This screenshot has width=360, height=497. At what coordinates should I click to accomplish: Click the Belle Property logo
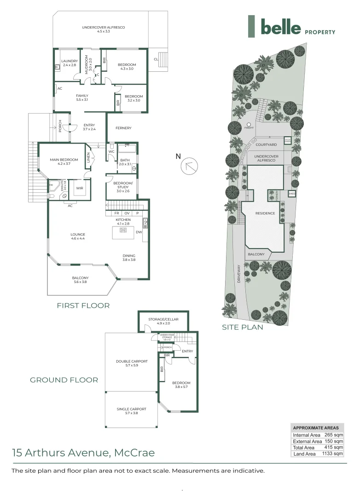pyautogui.click(x=291, y=26)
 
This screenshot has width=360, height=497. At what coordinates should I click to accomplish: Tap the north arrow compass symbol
pyautogui.click(x=190, y=165)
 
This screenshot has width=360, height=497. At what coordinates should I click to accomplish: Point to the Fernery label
pyautogui.click(x=123, y=128)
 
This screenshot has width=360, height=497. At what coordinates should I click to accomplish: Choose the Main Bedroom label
pyautogui.click(x=64, y=162)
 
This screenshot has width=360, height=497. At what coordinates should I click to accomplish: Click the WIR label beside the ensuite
pyautogui.click(x=79, y=188)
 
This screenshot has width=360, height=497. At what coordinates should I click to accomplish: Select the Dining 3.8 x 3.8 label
pyautogui.click(x=129, y=258)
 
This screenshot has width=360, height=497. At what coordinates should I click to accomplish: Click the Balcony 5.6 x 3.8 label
pyautogui.click(x=80, y=279)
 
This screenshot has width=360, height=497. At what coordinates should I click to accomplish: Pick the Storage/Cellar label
pyautogui.click(x=163, y=321)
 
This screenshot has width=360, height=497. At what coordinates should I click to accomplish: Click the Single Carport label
pyautogui.click(x=131, y=410)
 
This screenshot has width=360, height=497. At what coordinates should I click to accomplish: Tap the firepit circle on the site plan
pyautogui.click(x=249, y=125)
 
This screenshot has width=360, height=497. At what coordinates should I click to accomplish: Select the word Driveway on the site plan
pyautogui.click(x=239, y=275)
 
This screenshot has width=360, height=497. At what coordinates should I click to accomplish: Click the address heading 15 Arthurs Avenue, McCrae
pyautogui.click(x=83, y=452)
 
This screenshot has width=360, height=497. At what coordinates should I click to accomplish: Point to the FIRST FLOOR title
pyautogui.click(x=83, y=305)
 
